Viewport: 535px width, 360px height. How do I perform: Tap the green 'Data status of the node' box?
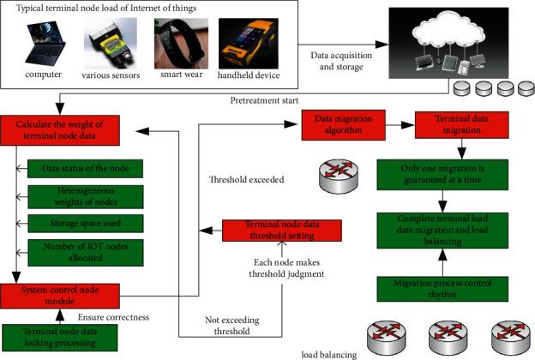[x=84, y=169]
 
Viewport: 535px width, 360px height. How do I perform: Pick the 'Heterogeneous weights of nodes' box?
[x=84, y=196]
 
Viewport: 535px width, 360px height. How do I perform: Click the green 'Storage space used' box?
[x=84, y=225]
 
